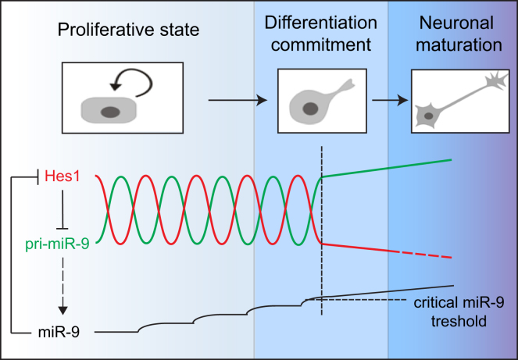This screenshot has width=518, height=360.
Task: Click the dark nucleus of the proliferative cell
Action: (x=109, y=113)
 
